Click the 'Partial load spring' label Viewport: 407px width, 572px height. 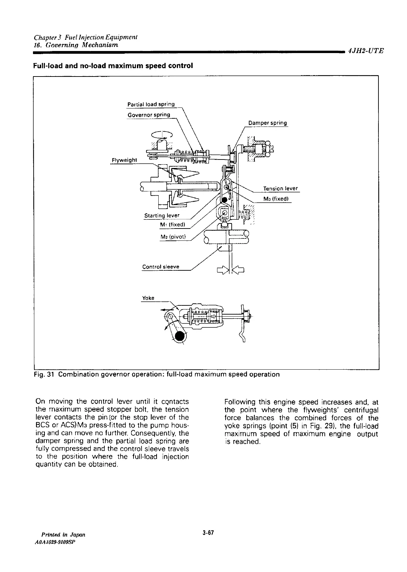pyautogui.click(x=151, y=104)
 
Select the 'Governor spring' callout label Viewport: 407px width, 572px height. pyautogui.click(x=148, y=115)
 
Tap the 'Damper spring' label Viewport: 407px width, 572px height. pyautogui.click(x=267, y=123)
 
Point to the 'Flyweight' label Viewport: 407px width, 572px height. pyautogui.click(x=124, y=160)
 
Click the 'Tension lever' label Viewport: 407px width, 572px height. pyautogui.click(x=280, y=188)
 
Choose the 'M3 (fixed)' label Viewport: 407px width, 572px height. pyautogui.click(x=276, y=199)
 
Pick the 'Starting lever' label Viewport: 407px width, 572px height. pyautogui.click(x=162, y=215)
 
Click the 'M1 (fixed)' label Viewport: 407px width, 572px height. pyautogui.click(x=172, y=225)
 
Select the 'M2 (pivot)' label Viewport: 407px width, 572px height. pyautogui.click(x=172, y=237)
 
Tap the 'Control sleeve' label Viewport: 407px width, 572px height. pyautogui.click(x=160, y=267)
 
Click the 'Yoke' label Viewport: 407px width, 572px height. pyautogui.click(x=148, y=298)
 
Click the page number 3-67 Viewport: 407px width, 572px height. pyautogui.click(x=207, y=533)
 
